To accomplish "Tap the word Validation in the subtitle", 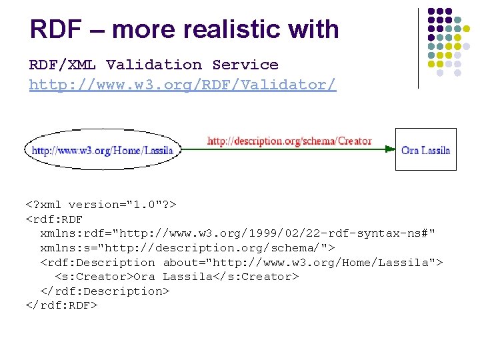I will pyautogui.click(x=154, y=65).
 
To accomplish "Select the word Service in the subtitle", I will pyautogui.click(x=245, y=65).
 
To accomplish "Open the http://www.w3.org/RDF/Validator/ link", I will pyautogui.click(x=183, y=85).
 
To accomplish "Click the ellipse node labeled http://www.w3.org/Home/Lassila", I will pyautogui.click(x=102, y=150).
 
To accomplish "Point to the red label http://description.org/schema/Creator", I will pyautogui.click(x=289, y=141).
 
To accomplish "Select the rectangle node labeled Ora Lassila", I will pyautogui.click(x=425, y=149).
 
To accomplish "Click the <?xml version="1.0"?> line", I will pyautogui.click(x=100, y=204).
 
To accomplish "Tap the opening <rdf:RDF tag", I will pyautogui.click(x=54, y=219).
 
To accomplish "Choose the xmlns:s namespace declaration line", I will pyautogui.click(x=187, y=248).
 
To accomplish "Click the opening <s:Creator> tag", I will pyautogui.click(x=94, y=276).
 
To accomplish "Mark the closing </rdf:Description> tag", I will pyautogui.click(x=105, y=291).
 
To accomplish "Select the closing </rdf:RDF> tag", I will pyautogui.click(x=61, y=305).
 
